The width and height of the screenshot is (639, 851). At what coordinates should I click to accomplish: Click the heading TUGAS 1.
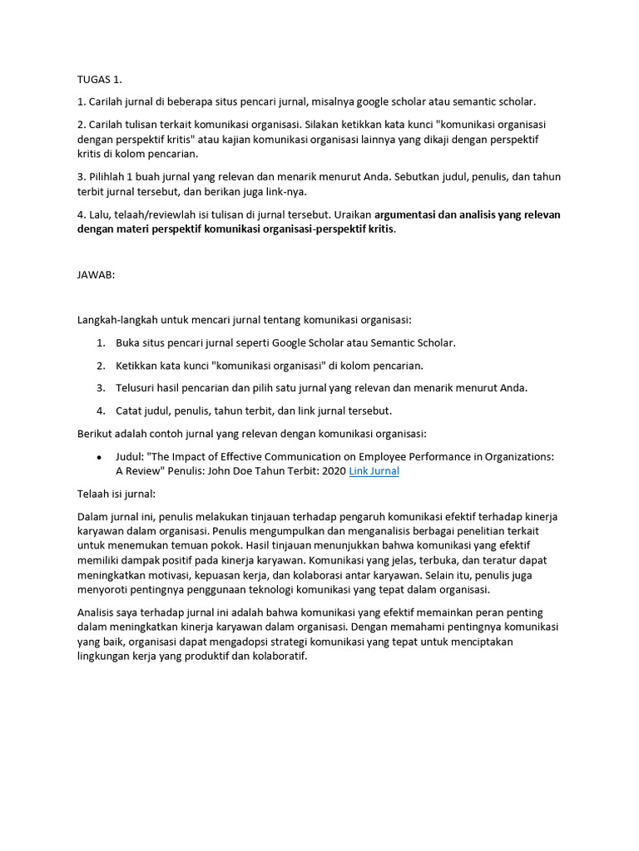[x=100, y=80]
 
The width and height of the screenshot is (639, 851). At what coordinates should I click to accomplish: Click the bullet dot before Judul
[x=100, y=457]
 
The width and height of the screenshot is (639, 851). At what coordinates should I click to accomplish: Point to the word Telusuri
[x=138, y=387]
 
